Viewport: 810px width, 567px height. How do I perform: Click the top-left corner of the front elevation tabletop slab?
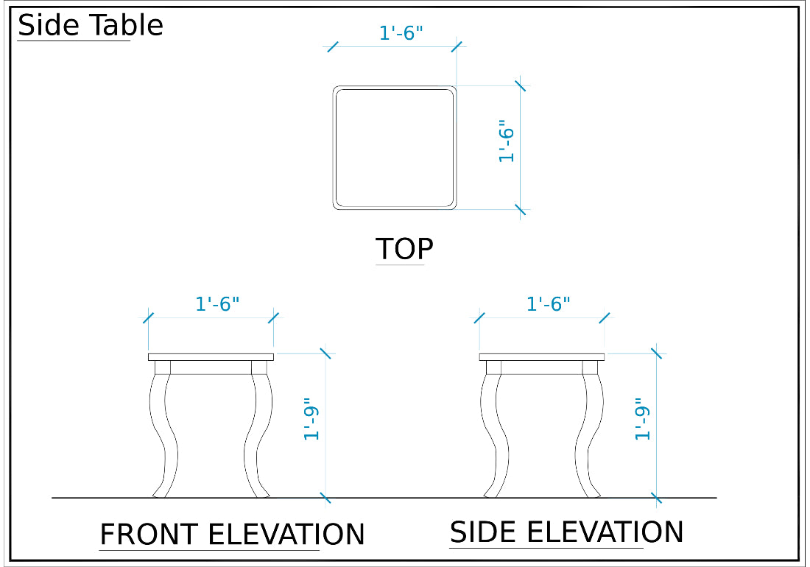148,353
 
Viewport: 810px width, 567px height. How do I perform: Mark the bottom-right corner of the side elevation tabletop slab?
605,360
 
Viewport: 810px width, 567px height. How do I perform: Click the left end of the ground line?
52,498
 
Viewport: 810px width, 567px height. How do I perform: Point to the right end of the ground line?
717,498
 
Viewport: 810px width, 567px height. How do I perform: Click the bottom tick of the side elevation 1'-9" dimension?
657,499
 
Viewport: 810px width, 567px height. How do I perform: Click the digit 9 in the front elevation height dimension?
311,412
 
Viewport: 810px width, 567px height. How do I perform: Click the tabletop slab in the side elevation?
542,357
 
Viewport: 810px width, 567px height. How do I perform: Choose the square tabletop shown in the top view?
395,148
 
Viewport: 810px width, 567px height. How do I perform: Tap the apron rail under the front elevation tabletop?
211,367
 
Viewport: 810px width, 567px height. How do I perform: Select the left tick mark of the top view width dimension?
333,47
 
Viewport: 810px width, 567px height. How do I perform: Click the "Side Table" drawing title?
91,25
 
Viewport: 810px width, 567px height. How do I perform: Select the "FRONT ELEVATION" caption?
232,534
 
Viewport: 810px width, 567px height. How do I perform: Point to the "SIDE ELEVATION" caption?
566,532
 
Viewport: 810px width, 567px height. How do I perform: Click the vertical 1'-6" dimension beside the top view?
507,141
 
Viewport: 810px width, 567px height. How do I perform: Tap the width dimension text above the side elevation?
548,303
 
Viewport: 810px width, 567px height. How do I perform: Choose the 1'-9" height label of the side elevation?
642,419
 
